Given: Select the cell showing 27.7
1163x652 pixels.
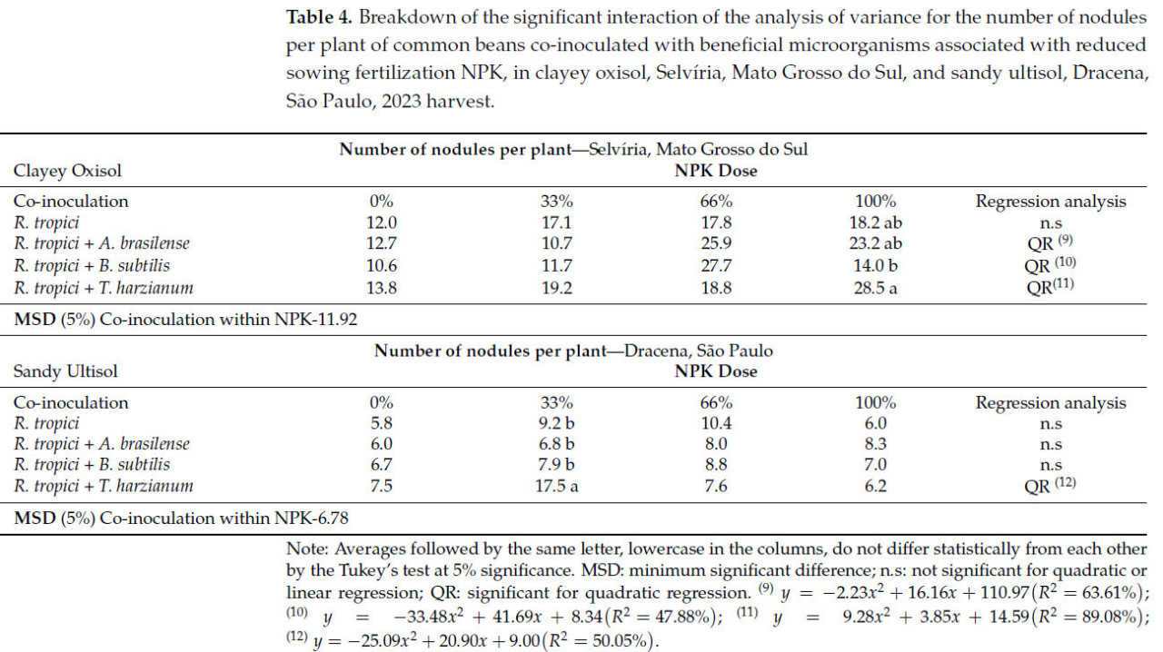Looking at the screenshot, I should point(717,266).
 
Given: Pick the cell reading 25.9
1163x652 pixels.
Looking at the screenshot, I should point(717,244).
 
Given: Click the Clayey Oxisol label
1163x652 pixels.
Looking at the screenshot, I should point(67,171).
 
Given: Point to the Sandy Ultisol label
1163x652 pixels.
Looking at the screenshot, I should point(65,371).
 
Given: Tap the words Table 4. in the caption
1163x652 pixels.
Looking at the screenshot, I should point(319,17).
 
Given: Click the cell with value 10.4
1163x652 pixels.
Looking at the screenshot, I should point(717,423).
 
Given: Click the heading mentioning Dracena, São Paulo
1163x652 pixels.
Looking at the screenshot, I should point(573,351).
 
